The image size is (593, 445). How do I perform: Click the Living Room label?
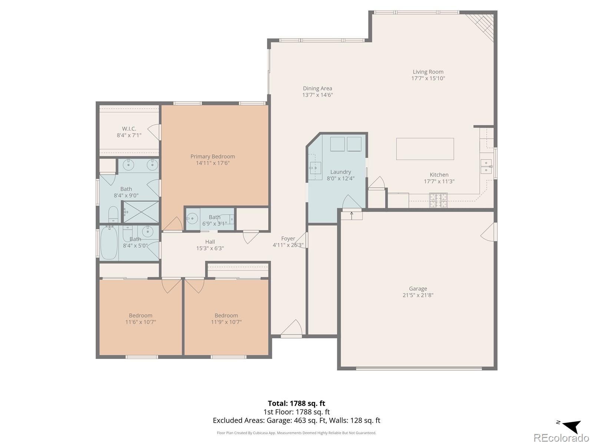428,72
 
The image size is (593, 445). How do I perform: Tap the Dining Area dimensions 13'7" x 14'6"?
317,95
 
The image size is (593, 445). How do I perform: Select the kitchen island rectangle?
425,149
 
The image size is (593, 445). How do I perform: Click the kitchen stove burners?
438,200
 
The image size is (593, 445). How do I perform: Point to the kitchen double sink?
486,167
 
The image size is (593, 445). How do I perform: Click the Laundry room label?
341,172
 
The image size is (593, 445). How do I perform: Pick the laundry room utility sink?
315,168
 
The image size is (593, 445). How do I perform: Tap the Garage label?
418,289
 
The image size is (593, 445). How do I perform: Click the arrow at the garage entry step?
351,215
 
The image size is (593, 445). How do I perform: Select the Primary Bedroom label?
213,156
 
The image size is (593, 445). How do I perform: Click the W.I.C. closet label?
129,129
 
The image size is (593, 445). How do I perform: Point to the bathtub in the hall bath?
109,243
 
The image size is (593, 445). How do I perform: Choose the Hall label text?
210,242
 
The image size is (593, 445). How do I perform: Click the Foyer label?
288,238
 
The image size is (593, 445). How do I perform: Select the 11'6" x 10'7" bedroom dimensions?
140,322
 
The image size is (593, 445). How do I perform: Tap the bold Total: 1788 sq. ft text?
296,403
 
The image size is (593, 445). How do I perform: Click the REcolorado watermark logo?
561,438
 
